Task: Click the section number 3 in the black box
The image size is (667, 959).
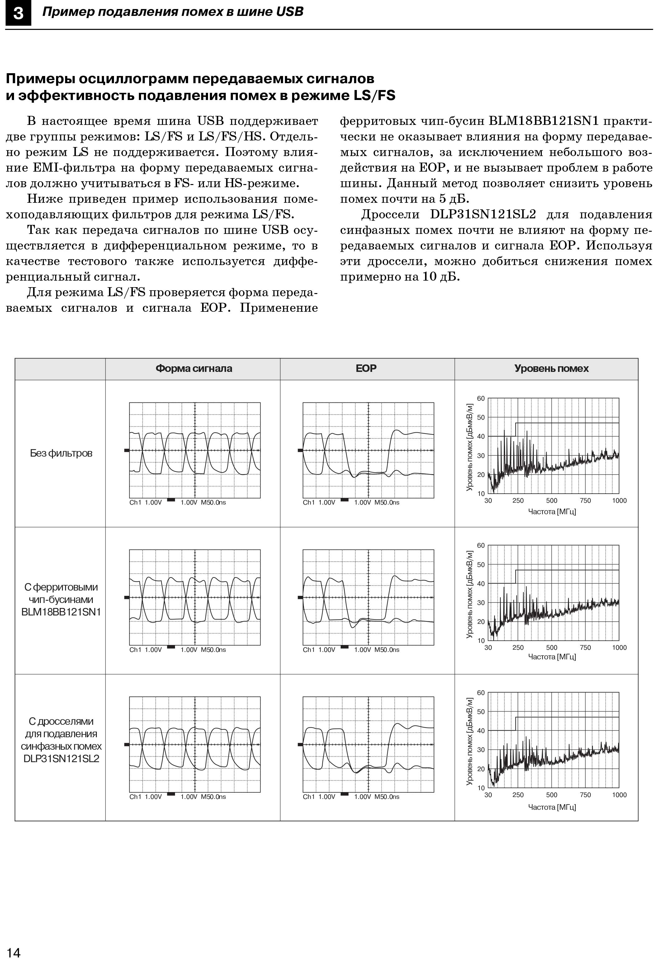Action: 18,13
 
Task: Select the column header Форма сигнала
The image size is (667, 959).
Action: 193,369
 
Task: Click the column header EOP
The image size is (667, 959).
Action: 366,368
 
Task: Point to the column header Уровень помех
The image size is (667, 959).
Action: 551,369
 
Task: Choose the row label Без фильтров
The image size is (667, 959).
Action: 61,453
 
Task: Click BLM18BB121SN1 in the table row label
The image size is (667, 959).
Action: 61,612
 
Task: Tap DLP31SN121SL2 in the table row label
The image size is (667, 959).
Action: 61,759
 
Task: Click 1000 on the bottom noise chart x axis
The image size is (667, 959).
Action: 619,795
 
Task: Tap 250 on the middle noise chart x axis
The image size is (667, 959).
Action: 518,648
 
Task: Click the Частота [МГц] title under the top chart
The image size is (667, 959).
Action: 552,512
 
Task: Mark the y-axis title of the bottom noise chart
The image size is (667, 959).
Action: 470,741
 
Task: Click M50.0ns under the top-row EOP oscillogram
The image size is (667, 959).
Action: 387,502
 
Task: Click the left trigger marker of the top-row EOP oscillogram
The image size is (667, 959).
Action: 300,450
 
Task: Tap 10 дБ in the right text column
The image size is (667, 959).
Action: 441,277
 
